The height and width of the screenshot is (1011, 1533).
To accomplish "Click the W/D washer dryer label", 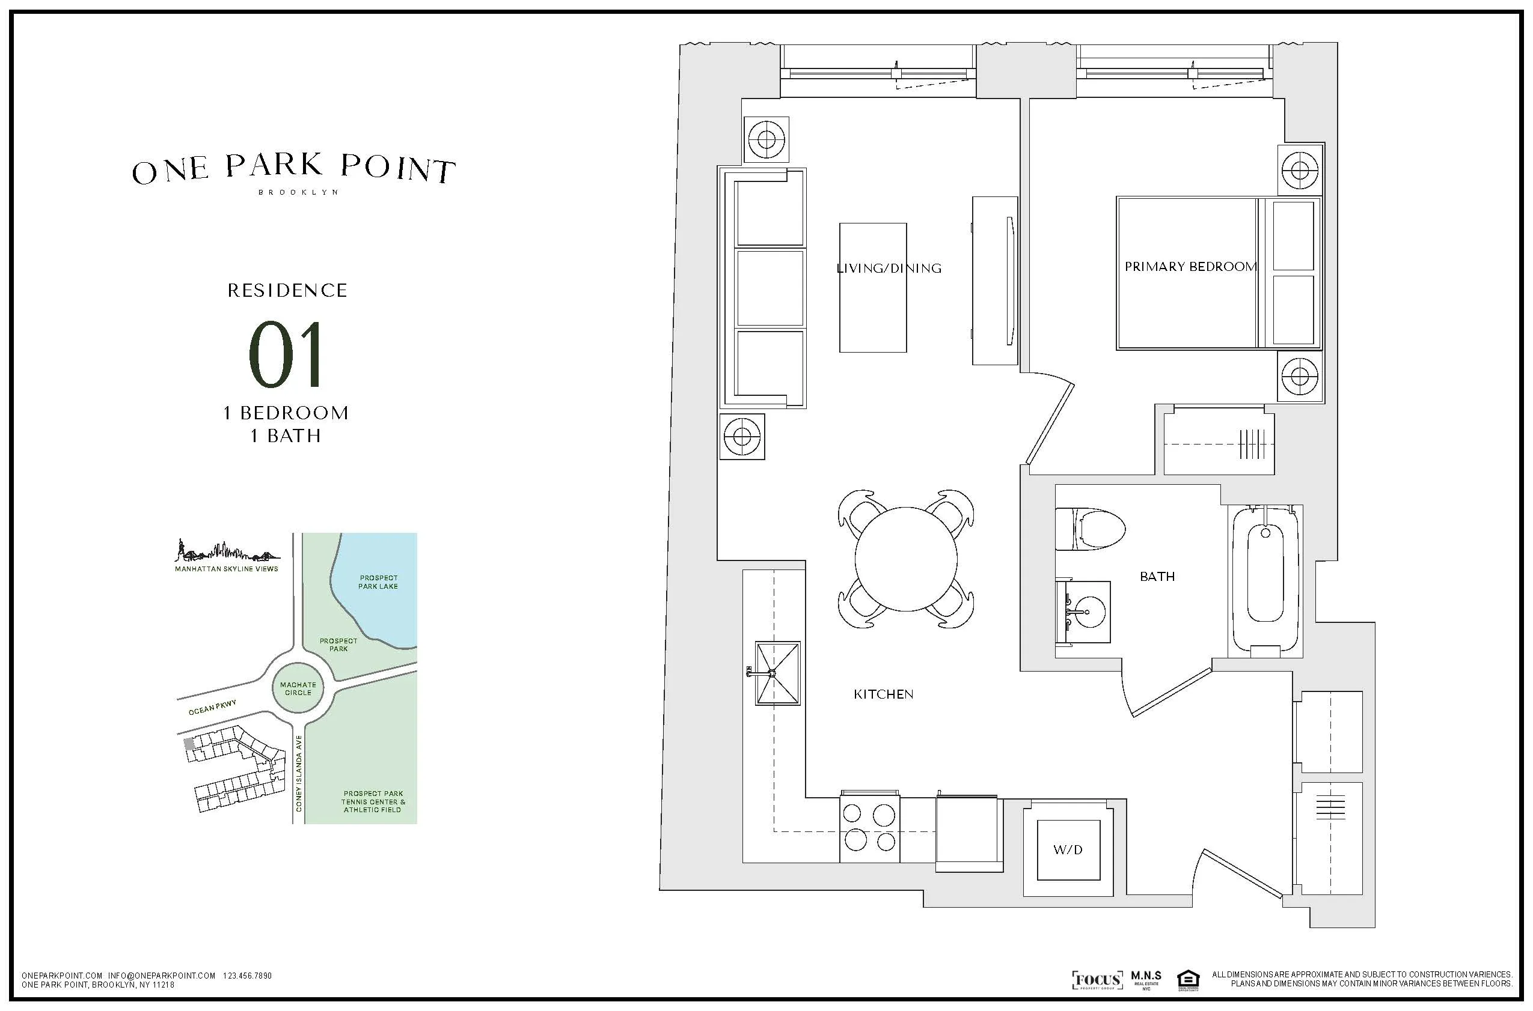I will tap(1068, 850).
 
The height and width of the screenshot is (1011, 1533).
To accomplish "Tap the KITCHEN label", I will tap(883, 694).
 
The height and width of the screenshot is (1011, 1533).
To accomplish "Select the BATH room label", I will tap(1157, 577).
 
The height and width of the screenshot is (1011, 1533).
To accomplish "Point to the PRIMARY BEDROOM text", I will tap(1190, 266).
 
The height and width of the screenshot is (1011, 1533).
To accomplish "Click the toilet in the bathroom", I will tap(1089, 529).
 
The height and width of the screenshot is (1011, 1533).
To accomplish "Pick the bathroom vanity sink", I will tap(1085, 612).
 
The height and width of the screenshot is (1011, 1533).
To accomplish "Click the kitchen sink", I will tap(777, 673).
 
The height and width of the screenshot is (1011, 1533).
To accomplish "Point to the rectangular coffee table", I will tap(872, 288).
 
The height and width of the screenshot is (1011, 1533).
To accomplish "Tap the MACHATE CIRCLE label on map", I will tap(298, 688).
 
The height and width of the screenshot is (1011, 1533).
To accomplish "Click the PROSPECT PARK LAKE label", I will tap(378, 582).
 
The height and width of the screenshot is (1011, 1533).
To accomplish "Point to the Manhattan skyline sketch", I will tap(227, 551).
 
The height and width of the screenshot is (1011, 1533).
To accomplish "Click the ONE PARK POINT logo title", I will tap(293, 169).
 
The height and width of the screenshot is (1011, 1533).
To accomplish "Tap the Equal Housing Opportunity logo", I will tap(1187, 980).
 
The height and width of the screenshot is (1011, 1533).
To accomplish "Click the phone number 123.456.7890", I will tap(247, 976).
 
